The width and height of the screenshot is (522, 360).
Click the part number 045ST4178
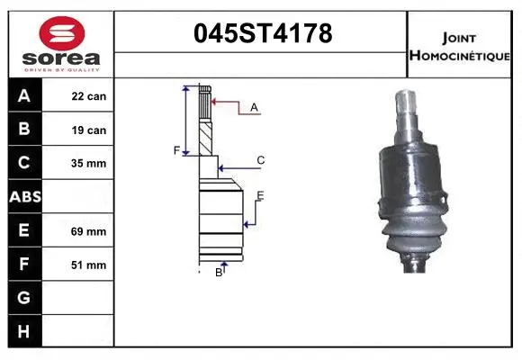click(x=263, y=34)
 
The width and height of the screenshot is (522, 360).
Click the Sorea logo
click(x=59, y=42)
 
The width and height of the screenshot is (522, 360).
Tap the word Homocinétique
click(x=461, y=55)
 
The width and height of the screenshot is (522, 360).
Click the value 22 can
click(x=89, y=95)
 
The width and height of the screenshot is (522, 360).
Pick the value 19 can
click(x=89, y=130)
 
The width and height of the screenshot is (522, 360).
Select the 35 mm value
click(x=89, y=163)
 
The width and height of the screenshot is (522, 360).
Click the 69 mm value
click(x=89, y=231)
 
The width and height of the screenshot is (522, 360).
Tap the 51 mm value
click(x=89, y=265)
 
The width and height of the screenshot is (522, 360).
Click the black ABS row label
click(x=24, y=196)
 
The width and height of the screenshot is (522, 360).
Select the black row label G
click(x=24, y=297)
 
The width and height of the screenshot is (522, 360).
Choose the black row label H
click(x=24, y=330)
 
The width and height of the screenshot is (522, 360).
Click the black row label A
click(x=24, y=95)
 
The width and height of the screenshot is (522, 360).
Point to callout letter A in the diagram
click(x=254, y=107)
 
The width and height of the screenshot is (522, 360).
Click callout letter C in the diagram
click(x=260, y=160)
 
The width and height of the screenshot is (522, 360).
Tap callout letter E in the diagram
click(x=260, y=195)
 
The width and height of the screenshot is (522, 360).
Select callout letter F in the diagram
click(x=177, y=150)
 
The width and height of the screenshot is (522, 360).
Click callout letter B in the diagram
click(x=218, y=272)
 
